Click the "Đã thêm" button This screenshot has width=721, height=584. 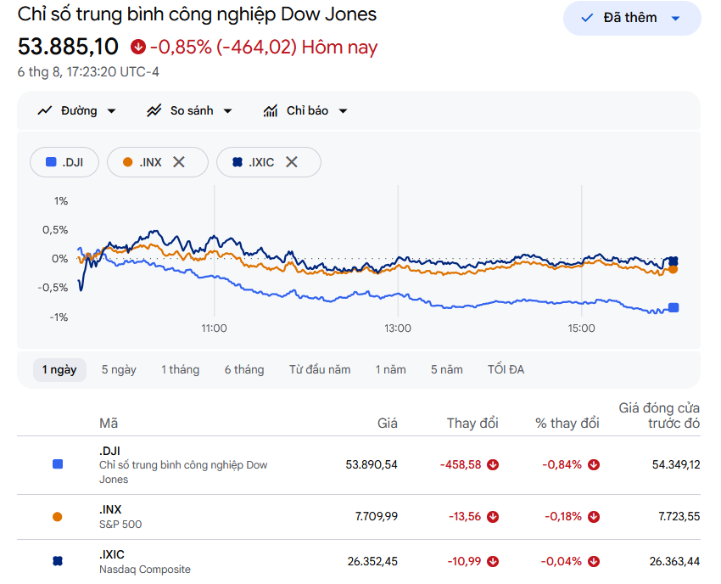click(x=632, y=18)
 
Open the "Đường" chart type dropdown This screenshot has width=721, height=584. click(x=76, y=111)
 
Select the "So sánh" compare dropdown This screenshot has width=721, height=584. click(x=189, y=111)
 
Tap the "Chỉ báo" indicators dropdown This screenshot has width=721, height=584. click(x=305, y=111)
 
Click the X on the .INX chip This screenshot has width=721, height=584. click(x=178, y=162)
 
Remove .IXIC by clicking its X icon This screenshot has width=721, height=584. click(x=292, y=162)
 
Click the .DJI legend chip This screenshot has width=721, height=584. click(x=64, y=162)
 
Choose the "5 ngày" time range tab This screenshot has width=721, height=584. click(x=119, y=369)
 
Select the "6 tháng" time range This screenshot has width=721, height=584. click(x=244, y=369)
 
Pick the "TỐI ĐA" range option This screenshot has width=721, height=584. click(x=506, y=369)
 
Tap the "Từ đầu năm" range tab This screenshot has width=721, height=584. click(x=320, y=369)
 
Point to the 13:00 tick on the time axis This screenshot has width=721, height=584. click(x=398, y=328)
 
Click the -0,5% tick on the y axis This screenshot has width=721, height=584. click(x=53, y=288)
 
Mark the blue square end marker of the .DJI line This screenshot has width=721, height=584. click(x=673, y=308)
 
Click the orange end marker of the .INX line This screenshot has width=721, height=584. click(x=673, y=269)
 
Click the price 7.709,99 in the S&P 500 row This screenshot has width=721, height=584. click(x=376, y=516)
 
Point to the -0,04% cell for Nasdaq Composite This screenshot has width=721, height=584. click(x=561, y=561)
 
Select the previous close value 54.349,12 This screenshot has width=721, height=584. click(x=676, y=464)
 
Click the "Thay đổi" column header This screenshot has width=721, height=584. click(x=472, y=423)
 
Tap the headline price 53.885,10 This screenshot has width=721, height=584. click(x=68, y=47)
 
